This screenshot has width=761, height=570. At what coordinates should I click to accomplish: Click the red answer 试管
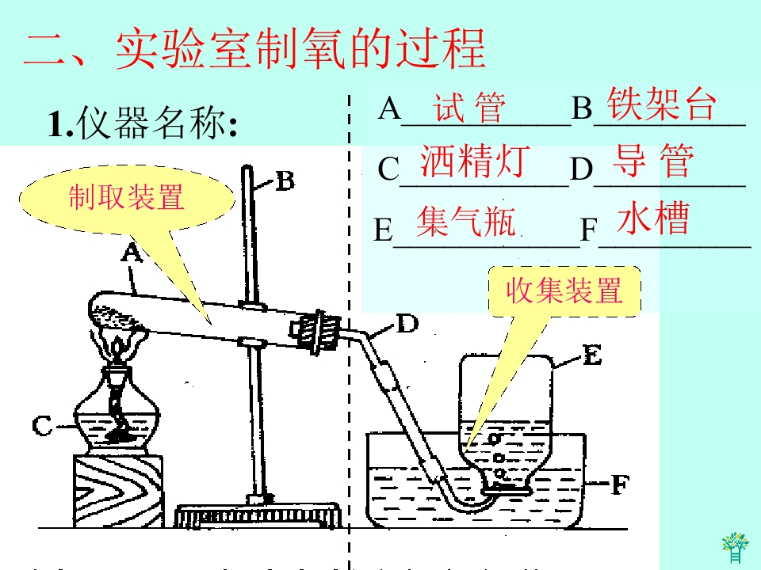click(x=469, y=108)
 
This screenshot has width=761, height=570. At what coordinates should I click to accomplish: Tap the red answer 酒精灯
click(x=473, y=161)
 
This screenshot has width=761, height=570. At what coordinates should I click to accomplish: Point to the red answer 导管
click(x=654, y=161)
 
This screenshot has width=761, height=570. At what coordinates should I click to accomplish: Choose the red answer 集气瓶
click(x=466, y=222)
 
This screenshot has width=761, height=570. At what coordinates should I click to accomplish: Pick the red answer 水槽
click(x=653, y=218)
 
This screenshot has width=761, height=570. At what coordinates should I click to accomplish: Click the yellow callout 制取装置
click(x=126, y=197)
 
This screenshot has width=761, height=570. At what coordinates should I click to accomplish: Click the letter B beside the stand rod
click(x=285, y=181)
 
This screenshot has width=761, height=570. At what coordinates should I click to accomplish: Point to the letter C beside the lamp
click(x=43, y=426)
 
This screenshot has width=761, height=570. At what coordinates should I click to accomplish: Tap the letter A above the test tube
click(x=131, y=253)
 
